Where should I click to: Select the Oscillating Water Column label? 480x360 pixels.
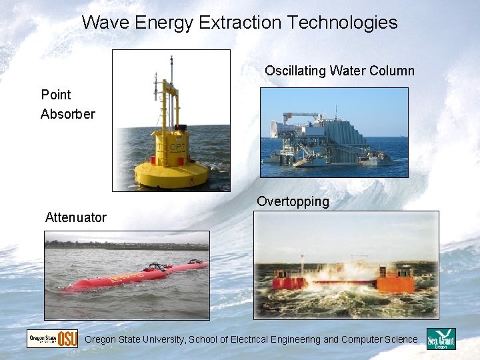click(339, 71)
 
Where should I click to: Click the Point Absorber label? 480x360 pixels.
click(67, 104)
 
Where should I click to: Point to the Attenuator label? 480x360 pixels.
click(75, 217)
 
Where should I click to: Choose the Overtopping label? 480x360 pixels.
click(293, 201)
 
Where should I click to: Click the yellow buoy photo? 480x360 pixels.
click(171, 121)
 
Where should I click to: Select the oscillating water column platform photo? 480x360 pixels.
click(333, 132)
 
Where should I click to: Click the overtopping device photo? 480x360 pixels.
click(347, 265)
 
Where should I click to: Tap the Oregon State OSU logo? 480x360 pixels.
click(53, 339)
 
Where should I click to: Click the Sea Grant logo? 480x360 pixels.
click(441, 339)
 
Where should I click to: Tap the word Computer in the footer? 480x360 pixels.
click(361, 340)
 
